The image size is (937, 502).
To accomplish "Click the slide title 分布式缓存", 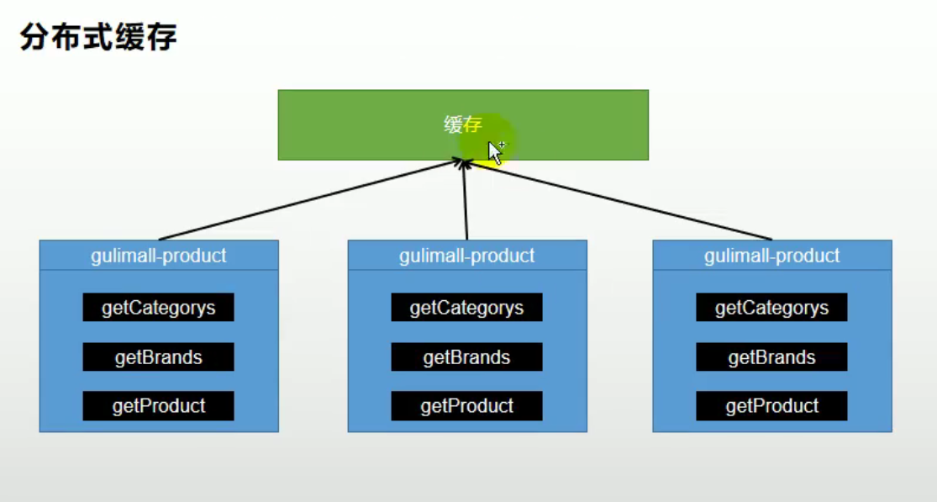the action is pos(98,37).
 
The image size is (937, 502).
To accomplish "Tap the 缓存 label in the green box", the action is pos(463,124).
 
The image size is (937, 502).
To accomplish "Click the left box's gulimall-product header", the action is pos(159,256).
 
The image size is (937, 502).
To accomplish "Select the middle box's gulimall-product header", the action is pos(467,256).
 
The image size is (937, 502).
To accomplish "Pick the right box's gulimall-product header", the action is pos(772,256).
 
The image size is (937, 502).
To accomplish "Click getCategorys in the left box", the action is pos(158,307).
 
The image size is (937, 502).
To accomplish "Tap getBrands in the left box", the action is pos(158,357).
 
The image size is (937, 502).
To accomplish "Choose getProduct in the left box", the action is pos(158,406).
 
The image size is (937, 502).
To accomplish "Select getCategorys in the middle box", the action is pos(466,307).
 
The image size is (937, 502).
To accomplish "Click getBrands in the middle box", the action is pos(466,357).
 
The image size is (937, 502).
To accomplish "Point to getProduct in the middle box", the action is pos(466,406).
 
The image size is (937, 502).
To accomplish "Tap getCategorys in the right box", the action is pos(771,307).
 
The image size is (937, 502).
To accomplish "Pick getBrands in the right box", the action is pos(771,357).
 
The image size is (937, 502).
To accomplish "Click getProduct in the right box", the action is pos(771,406).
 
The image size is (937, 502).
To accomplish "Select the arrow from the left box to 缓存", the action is pos(311,199).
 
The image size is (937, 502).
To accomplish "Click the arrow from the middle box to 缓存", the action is pos(466,200).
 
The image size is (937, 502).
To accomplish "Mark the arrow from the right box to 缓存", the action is pos(619,200).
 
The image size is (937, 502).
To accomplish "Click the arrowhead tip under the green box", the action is pos(464,160).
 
